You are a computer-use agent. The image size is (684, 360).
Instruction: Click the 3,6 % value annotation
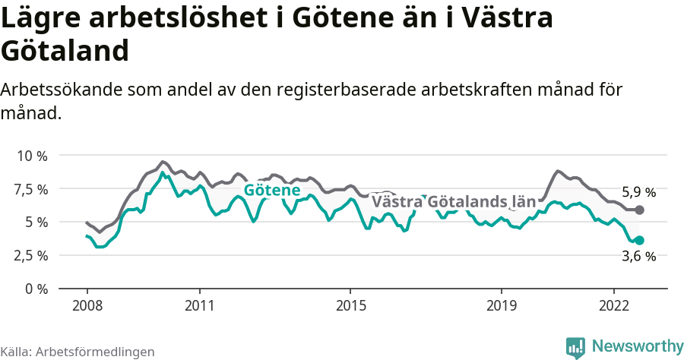click(x=638, y=257)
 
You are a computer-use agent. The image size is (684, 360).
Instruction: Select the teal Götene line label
click(x=271, y=191)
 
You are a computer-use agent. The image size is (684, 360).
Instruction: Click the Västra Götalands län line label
click(x=454, y=202)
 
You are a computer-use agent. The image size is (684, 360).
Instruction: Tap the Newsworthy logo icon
click(x=575, y=347)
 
